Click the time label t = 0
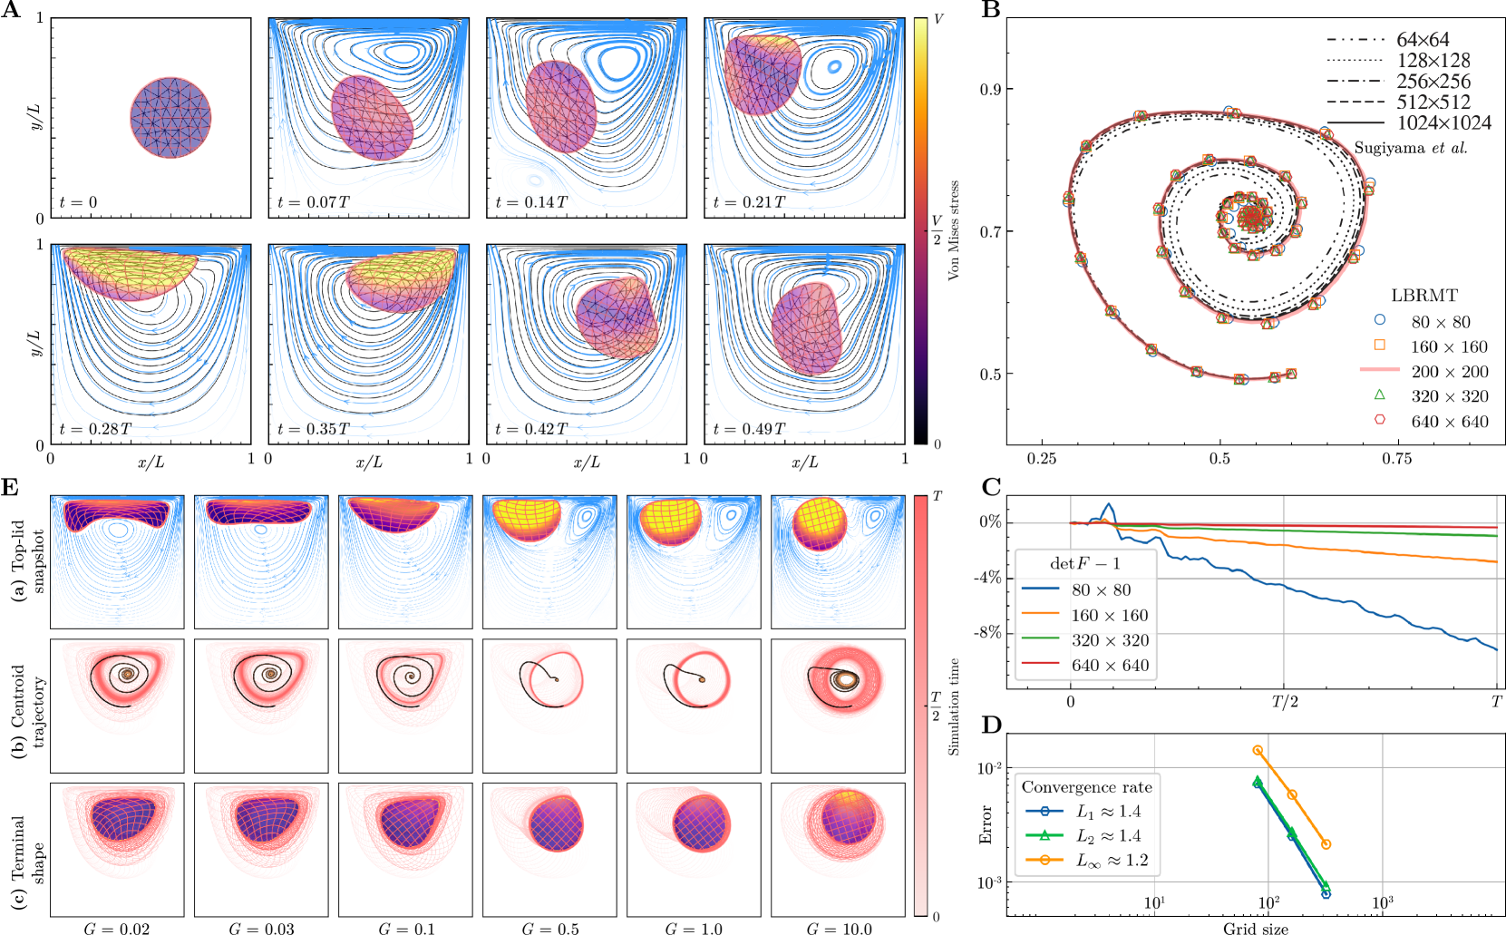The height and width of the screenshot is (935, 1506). point(78,202)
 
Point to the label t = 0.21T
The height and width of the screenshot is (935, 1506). point(749,202)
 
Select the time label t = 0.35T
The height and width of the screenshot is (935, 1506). point(313,429)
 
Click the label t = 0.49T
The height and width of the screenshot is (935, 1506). point(749,429)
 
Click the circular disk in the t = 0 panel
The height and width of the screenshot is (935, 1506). point(170,118)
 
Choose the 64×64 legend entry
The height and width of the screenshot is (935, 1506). point(1423,40)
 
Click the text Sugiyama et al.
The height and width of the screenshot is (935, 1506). point(1410,148)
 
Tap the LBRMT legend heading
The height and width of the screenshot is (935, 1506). point(1424,296)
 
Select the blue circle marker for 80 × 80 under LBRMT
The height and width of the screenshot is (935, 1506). point(1380,320)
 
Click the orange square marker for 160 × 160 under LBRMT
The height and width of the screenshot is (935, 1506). point(1380,345)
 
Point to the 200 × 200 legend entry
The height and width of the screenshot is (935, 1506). point(1449,371)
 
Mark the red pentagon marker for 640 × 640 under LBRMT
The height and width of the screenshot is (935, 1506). point(1380,420)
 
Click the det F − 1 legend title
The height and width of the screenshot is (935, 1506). point(1084,563)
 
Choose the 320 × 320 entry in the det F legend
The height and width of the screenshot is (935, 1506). point(1109,640)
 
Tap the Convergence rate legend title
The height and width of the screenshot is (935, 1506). point(1086,787)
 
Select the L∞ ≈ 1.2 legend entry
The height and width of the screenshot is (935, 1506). point(1111,861)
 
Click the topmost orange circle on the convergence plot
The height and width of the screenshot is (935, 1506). point(1257,750)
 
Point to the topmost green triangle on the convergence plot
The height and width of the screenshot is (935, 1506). point(1257,779)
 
